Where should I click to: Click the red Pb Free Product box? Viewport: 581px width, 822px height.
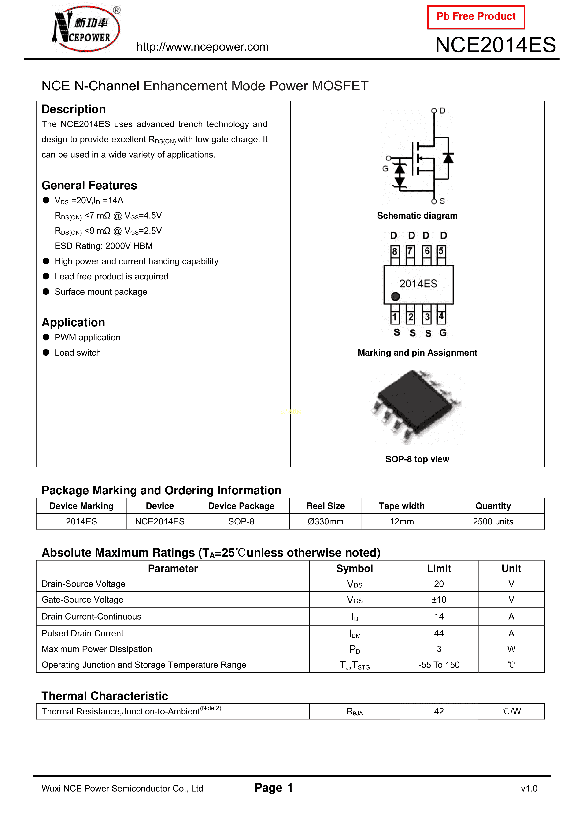[x=476, y=17]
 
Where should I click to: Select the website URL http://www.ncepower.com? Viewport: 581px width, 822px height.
[x=202, y=47]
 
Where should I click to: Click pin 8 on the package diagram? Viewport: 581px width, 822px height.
[x=395, y=251]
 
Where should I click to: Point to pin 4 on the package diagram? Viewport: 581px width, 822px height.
[x=441, y=316]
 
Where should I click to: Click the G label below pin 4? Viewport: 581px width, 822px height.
[x=443, y=333]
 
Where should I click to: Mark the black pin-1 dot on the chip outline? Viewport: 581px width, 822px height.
[x=395, y=296]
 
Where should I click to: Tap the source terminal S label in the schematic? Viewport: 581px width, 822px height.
[x=442, y=201]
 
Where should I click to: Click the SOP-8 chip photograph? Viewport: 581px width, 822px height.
[x=417, y=406]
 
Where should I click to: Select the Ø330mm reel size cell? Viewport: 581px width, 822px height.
[x=326, y=522]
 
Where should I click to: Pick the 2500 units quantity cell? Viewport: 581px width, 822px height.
[x=493, y=522]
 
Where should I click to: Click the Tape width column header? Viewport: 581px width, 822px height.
[x=402, y=506]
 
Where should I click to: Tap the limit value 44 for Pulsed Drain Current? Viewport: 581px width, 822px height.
[x=439, y=633]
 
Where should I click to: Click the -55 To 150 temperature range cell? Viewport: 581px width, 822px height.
[x=439, y=665]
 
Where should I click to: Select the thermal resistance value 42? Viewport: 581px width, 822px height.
[x=439, y=711]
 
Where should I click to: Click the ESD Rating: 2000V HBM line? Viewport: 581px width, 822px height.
[x=104, y=246]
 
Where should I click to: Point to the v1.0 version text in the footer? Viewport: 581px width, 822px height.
[x=529, y=788]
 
